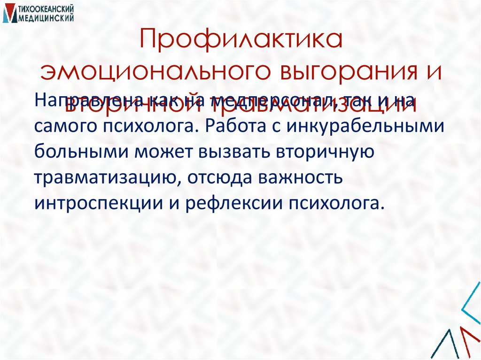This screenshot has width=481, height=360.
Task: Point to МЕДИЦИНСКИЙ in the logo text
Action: pos(46,17)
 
